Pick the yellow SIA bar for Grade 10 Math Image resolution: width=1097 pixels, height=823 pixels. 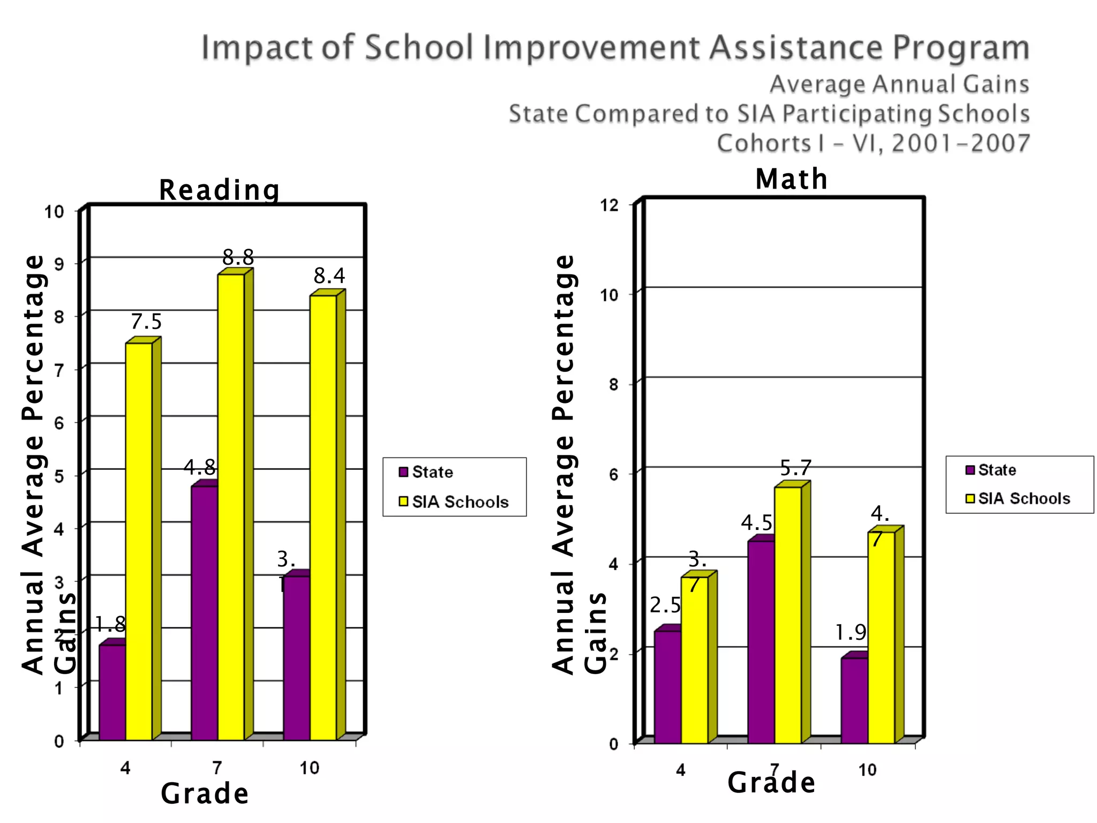click(x=881, y=637)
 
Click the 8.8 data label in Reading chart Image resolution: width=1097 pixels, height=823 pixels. click(x=238, y=258)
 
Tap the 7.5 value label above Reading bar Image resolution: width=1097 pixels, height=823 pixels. click(x=146, y=322)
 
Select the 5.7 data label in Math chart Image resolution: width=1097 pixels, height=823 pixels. click(x=795, y=468)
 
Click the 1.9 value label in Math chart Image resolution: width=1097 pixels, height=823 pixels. click(x=851, y=633)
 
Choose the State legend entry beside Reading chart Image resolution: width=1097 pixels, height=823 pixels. click(x=426, y=472)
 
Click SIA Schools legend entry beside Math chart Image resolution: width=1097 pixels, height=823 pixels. click(x=1017, y=499)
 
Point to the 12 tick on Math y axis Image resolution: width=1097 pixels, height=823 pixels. click(x=610, y=205)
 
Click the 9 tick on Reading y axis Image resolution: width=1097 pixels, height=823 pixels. click(x=59, y=264)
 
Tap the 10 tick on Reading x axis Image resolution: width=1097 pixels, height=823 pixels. click(x=309, y=768)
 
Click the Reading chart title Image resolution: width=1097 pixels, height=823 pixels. click(x=219, y=190)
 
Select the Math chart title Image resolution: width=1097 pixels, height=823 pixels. click(x=791, y=179)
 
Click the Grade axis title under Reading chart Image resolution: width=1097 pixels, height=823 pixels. click(x=205, y=794)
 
